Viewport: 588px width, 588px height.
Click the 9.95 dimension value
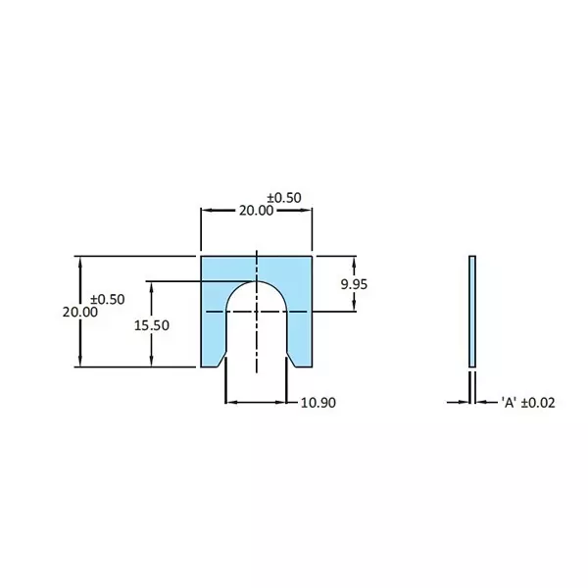coord(355,284)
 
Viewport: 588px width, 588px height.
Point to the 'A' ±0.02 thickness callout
coord(527,402)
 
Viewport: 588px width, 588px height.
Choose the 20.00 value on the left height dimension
coord(79,312)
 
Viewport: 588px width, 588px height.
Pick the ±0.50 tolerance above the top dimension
coord(283,197)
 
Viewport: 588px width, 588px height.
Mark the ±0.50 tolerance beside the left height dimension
coord(107,298)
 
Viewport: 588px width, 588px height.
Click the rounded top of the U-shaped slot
coord(257,283)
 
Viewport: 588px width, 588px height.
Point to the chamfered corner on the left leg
coord(220,362)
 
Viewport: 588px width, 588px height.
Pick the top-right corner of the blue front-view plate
coord(312,257)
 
